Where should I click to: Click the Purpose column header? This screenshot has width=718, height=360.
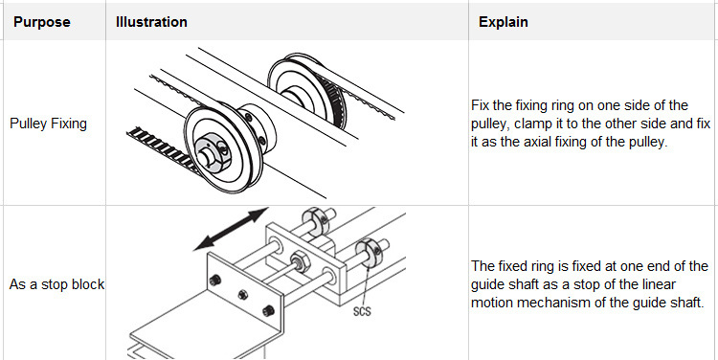tap(42, 22)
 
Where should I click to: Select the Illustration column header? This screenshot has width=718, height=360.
tap(151, 22)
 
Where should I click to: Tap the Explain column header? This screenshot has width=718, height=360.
tap(504, 22)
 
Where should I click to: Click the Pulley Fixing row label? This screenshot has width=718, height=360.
tap(48, 124)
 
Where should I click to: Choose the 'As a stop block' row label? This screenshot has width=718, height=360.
tap(56, 284)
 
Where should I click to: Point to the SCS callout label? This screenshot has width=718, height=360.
tap(362, 311)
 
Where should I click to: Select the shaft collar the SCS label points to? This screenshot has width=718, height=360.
tap(369, 254)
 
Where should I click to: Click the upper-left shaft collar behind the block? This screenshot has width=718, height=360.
tap(313, 220)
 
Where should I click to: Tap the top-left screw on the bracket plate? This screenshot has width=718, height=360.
tap(217, 280)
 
